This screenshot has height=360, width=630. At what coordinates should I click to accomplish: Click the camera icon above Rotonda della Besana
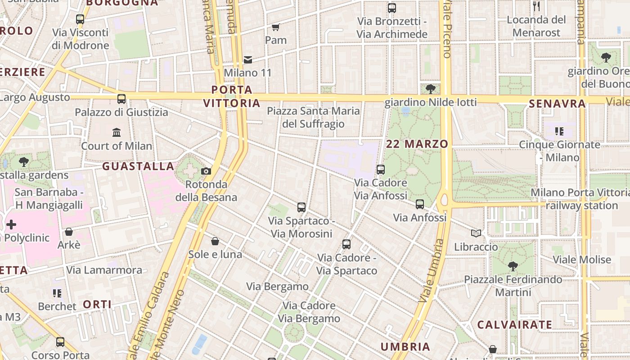coord(206,171)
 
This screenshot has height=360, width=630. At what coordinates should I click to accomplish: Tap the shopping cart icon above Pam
coord(276,27)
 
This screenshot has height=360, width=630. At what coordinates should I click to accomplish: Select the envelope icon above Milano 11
coord(247,59)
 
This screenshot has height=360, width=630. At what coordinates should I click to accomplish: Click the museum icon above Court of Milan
coord(117,132)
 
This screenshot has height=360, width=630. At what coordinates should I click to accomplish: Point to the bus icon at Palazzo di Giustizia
coord(121,99)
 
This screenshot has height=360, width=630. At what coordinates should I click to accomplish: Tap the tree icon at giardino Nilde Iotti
coord(430,89)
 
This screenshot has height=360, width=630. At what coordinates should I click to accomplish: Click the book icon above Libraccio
coord(476,233)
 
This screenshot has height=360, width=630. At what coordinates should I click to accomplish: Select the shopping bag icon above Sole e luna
coord(215,241)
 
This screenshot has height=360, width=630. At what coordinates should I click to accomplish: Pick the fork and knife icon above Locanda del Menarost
coord(536,6)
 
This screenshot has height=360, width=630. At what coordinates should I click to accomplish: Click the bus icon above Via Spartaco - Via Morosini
coord(301,207)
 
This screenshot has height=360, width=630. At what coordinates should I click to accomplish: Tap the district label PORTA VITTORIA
coord(232,96)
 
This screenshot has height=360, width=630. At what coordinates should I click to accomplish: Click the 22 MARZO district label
coord(417,144)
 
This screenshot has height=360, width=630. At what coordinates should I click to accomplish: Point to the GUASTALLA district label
coord(138,166)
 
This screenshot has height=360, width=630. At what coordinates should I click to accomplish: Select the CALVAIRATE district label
coord(514,324)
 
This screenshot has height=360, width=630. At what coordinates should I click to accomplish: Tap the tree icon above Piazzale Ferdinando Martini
coord(513,266)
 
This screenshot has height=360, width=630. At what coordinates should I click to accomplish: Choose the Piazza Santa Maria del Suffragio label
coord(313,117)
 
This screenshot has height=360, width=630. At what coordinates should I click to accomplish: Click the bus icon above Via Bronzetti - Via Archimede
coord(391,8)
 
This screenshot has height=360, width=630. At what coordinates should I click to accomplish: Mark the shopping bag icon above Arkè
coord(69,232)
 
